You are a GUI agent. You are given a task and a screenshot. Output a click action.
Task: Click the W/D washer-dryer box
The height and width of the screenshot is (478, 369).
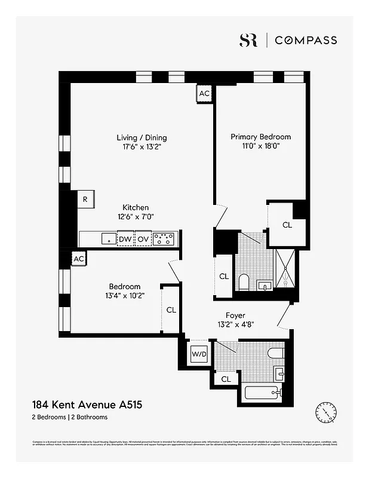[198, 354]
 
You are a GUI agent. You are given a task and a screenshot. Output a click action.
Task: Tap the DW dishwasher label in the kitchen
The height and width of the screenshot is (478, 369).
[125, 240]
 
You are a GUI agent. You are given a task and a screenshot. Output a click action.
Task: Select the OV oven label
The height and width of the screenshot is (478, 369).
[143, 240]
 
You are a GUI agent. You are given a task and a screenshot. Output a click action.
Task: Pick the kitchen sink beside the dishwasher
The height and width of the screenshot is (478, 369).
[108, 239]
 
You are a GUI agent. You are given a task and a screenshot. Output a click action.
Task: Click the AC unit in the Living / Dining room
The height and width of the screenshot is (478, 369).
[204, 94]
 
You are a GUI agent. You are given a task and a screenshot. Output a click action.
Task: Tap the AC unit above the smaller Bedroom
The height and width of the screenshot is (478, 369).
[78, 259]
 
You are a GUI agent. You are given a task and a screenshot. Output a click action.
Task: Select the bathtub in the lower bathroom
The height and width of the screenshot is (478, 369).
[262, 393]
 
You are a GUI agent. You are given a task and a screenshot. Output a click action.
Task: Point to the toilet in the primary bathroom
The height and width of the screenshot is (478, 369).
[244, 281]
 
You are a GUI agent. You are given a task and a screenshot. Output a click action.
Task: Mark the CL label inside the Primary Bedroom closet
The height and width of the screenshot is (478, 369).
[287, 225]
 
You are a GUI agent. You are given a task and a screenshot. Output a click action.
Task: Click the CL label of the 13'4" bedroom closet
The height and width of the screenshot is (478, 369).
[171, 310]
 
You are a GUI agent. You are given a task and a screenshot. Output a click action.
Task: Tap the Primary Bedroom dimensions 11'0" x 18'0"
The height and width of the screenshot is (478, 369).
[260, 145]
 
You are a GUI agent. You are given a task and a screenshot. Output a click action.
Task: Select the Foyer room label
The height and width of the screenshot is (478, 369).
[235, 315]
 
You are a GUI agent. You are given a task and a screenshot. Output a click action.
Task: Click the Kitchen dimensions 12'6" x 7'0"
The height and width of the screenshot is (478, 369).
[136, 217]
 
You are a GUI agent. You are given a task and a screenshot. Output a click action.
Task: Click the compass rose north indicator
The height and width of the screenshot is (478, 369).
[326, 411]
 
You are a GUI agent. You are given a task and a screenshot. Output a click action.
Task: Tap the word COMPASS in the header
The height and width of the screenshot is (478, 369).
[306, 40]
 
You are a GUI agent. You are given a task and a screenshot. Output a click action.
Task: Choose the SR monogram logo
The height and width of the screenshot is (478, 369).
[248, 40]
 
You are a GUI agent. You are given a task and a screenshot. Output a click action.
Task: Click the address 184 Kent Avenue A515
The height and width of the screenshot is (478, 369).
[87, 405]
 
